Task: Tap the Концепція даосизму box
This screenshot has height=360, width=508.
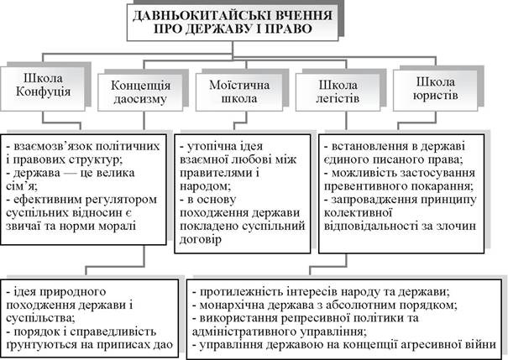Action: click(x=140, y=92)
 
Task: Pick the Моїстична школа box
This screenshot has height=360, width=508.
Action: click(x=239, y=92)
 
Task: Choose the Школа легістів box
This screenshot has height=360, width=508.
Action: click(x=338, y=92)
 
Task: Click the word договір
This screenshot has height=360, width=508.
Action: click(x=201, y=239)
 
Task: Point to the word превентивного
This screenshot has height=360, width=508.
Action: click(x=362, y=186)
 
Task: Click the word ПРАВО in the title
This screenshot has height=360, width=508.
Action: click(x=289, y=29)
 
